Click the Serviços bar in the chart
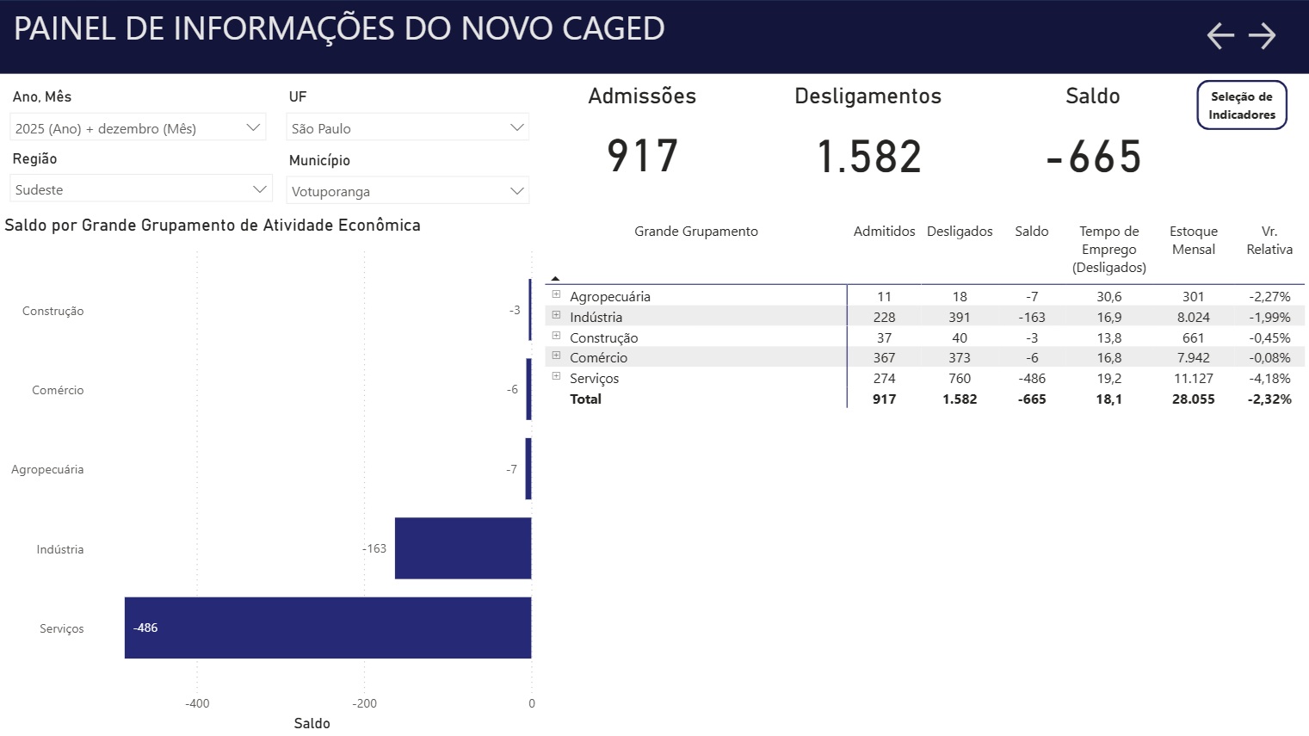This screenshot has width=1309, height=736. click(327, 628)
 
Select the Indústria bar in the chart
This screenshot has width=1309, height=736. click(463, 548)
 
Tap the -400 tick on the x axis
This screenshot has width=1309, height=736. click(197, 703)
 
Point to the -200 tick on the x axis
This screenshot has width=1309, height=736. click(365, 703)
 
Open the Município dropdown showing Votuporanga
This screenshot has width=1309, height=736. click(408, 191)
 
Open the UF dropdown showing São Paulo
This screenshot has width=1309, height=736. click(408, 128)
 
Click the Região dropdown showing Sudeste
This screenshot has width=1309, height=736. click(140, 189)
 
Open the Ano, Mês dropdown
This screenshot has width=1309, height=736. click(138, 128)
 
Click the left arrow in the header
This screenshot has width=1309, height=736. click(1220, 35)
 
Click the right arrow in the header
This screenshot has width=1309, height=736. click(1262, 35)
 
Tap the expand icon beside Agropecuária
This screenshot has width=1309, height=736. click(556, 294)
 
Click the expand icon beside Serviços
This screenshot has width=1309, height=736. click(556, 376)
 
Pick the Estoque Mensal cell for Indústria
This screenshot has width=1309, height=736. click(1193, 317)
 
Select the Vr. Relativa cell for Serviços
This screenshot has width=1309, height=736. click(1269, 378)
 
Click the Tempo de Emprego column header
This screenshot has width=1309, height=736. click(1108, 249)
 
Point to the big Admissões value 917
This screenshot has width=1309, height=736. click(642, 156)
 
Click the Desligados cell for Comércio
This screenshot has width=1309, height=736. click(959, 357)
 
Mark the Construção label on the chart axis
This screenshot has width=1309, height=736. click(53, 311)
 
